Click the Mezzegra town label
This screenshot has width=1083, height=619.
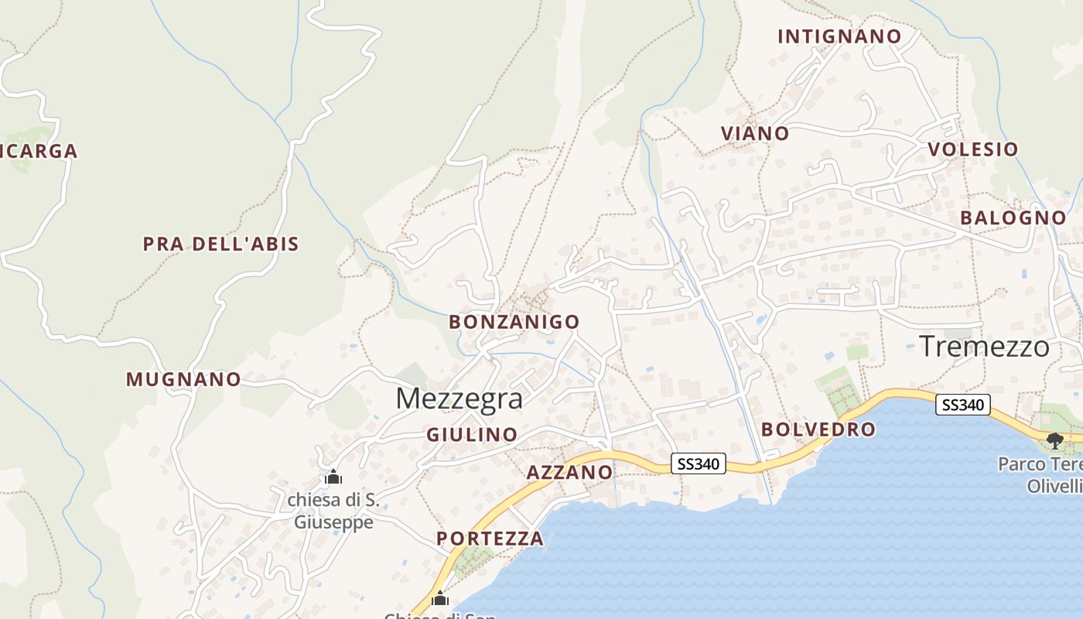pyautogui.click(x=459, y=398)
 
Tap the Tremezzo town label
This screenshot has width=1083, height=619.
pyautogui.click(x=984, y=346)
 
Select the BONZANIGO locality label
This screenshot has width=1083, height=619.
pyautogui.click(x=514, y=321)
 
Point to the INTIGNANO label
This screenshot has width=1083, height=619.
pyautogui.click(x=839, y=36)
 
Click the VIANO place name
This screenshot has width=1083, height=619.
pyautogui.click(x=755, y=133)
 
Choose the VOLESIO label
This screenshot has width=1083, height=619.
pyautogui.click(x=972, y=149)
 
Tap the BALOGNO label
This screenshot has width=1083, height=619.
pyautogui.click(x=1013, y=218)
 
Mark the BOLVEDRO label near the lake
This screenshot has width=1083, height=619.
pyautogui.click(x=818, y=429)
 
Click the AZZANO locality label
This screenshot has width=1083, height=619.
pyautogui.click(x=569, y=472)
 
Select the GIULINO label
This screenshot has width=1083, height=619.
pyautogui.click(x=472, y=435)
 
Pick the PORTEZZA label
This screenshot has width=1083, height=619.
pyautogui.click(x=490, y=539)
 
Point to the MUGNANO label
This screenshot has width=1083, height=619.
pyautogui.click(x=183, y=379)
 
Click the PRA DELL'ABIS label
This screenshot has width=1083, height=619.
pyautogui.click(x=220, y=244)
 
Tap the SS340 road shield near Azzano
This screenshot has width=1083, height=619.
pyautogui.click(x=699, y=464)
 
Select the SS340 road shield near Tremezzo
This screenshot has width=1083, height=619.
pyautogui.click(x=963, y=405)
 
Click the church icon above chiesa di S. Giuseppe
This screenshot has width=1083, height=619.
pyautogui.click(x=333, y=477)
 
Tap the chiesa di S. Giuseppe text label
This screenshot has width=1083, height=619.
pyautogui.click(x=333, y=511)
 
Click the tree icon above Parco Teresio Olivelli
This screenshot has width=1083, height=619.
pyautogui.click(x=1054, y=441)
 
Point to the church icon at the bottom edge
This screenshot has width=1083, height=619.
pyautogui.click(x=440, y=598)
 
